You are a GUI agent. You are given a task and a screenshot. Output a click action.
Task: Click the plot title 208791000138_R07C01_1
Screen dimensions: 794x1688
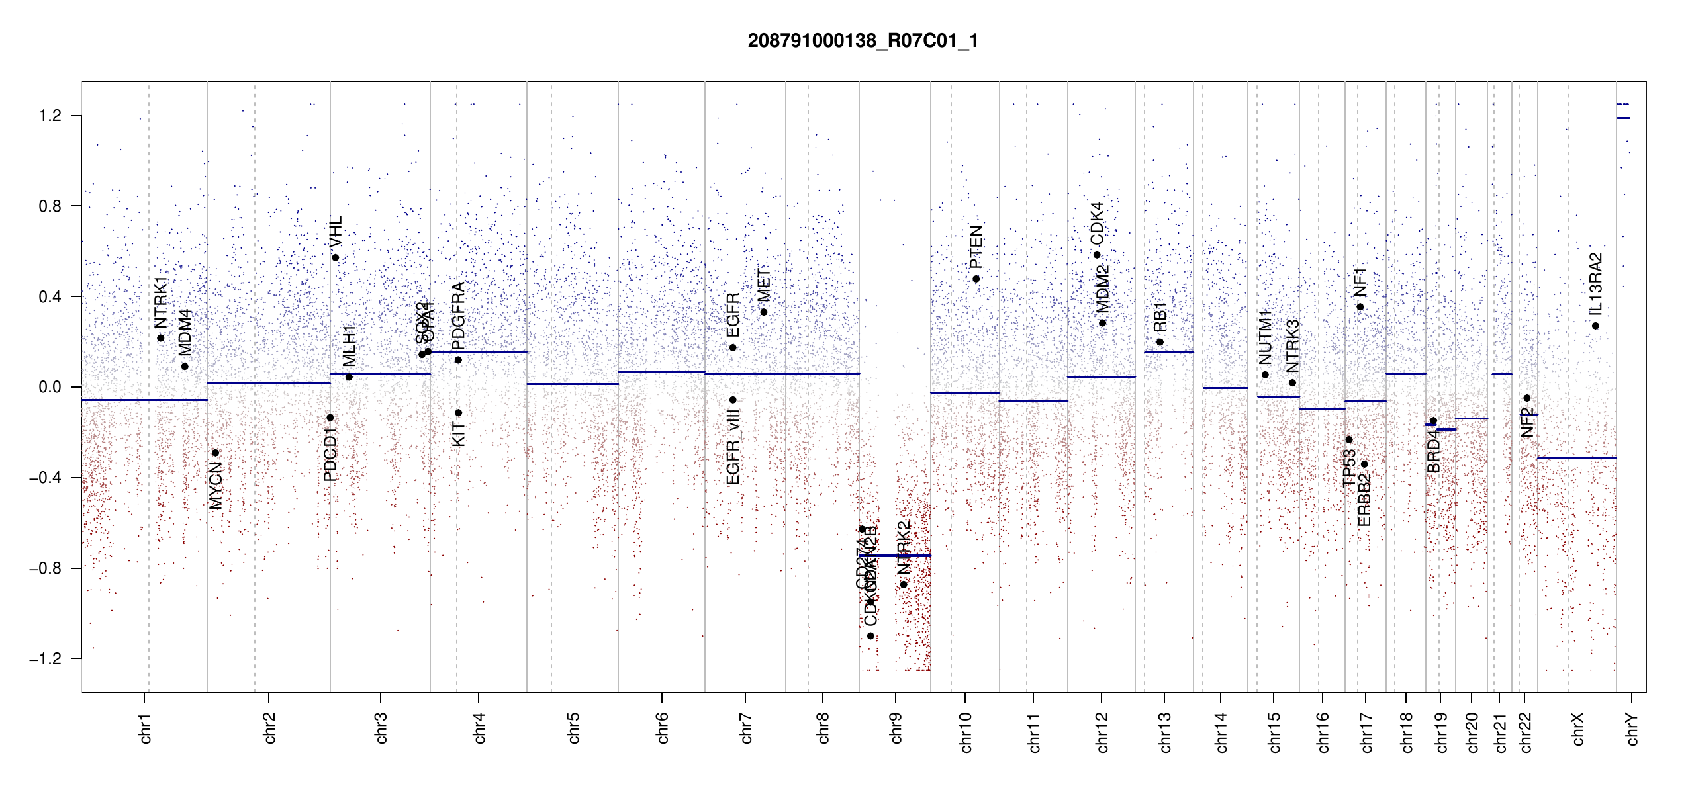point(863,41)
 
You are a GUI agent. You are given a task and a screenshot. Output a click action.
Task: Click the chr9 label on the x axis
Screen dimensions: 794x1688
point(896,728)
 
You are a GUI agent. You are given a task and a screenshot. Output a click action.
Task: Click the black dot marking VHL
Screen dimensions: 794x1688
point(336,258)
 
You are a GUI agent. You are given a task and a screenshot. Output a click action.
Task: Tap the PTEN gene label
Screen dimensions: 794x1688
point(976,247)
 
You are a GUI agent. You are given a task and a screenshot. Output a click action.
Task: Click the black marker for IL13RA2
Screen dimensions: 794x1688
point(1595,326)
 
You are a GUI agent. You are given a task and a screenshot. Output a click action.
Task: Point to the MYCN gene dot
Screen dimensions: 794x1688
point(215,453)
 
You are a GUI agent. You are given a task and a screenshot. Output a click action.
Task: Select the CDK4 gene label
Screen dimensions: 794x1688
point(1097,224)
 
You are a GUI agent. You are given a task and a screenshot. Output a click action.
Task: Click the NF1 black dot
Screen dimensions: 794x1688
point(1360,307)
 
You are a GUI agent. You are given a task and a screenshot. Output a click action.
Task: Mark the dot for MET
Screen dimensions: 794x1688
point(764,312)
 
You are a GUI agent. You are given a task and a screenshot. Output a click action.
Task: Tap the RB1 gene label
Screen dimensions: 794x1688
point(1160,318)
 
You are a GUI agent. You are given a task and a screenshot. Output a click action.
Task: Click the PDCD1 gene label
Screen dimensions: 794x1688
point(330,454)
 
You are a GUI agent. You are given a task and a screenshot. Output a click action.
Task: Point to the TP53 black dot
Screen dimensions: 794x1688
point(1349,440)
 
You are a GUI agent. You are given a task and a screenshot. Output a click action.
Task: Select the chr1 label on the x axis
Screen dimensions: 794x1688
point(145,728)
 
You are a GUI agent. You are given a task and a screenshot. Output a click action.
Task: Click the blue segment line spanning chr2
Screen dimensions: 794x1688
point(269,383)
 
